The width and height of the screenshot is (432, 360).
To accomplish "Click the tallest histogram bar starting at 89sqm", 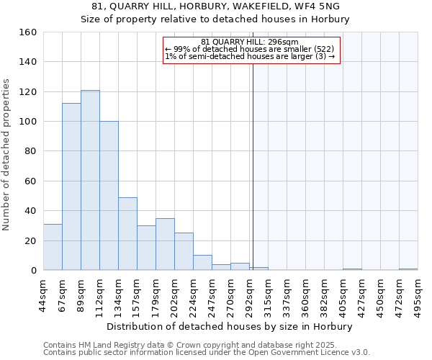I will coord(90,180).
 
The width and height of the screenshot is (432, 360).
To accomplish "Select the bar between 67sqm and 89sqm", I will coord(71,186).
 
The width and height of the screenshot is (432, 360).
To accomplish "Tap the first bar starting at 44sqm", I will coord(53,247).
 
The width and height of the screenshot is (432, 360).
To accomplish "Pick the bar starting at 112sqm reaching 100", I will coord(109,196).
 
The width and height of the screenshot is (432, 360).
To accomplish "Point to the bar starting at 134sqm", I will coord(127,234).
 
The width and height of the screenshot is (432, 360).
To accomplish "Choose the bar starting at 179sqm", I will coord(165,244).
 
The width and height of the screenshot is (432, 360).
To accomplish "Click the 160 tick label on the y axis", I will coord(28,32).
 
